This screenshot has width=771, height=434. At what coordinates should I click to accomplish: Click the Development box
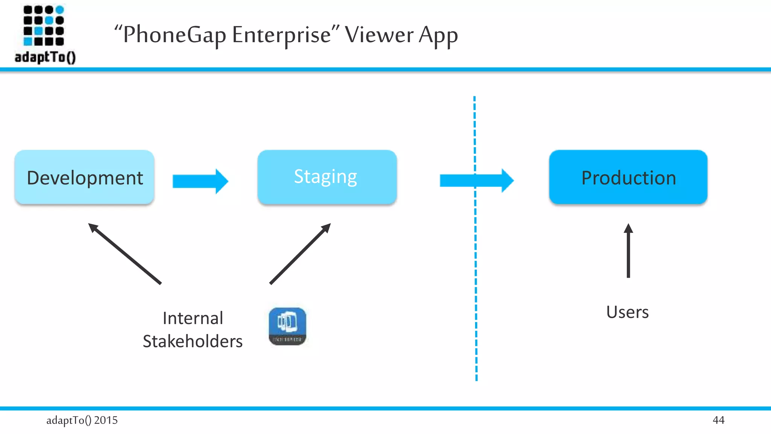click(x=84, y=177)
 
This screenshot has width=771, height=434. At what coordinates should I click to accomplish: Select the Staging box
click(x=327, y=177)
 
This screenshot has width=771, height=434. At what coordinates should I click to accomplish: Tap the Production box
click(x=628, y=177)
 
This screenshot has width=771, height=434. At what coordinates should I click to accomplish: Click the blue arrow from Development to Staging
click(x=200, y=181)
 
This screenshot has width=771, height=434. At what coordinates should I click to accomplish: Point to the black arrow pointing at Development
click(x=125, y=254)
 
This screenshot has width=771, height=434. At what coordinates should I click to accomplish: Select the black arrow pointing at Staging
click(x=300, y=254)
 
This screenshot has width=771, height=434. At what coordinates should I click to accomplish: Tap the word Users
click(x=627, y=312)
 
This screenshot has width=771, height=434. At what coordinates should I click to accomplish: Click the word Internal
click(x=193, y=318)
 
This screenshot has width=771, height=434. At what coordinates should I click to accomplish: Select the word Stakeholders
click(x=193, y=341)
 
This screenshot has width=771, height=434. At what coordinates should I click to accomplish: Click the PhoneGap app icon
click(x=287, y=326)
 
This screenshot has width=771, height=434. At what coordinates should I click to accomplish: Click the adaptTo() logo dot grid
click(x=44, y=25)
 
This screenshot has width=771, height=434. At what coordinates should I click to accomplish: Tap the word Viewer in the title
click(x=379, y=35)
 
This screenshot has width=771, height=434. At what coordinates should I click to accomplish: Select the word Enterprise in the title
click(x=281, y=35)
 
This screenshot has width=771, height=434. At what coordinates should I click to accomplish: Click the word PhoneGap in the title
click(x=174, y=35)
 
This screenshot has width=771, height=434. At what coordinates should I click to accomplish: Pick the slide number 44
click(x=718, y=420)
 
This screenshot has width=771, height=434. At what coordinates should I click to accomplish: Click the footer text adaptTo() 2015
click(x=82, y=420)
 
